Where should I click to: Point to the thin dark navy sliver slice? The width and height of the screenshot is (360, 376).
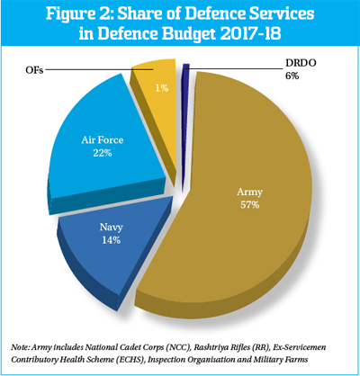coord(185,120)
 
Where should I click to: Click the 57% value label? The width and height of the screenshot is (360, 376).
coord(249,205)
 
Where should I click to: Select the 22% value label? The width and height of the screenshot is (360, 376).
coord(103,153)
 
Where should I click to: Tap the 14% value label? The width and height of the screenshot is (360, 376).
coord(112,240)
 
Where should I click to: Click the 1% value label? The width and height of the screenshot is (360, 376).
coord(161,88)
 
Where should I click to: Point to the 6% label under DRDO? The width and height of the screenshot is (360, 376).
coord(292,76)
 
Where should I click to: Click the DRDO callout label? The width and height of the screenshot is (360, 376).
coord(301,63)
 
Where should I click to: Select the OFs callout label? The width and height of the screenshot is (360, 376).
coord(34,70)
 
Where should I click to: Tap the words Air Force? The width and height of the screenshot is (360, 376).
coord(103,140)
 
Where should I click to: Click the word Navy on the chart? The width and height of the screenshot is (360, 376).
coord(112,227)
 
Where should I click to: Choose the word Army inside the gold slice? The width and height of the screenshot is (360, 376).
coord(249,192)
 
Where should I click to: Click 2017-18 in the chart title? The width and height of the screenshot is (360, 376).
coord(250,33)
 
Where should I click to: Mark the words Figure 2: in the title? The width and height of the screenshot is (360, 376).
coord(79,13)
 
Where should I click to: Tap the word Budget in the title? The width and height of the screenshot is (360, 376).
coord(189,34)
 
